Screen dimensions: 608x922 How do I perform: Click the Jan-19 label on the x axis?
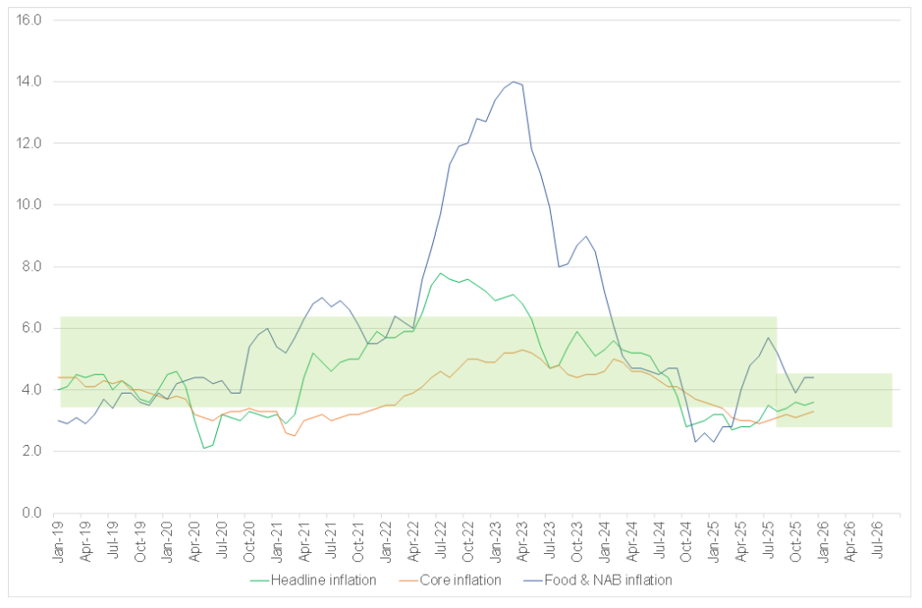[59, 541]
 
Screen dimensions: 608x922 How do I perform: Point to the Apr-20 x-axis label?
[195, 541]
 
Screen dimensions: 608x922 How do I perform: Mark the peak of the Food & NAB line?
[513, 82]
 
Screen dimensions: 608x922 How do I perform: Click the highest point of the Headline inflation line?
[440, 273]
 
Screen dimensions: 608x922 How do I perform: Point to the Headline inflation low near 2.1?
[203, 448]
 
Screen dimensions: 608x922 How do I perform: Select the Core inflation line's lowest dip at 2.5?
[294, 436]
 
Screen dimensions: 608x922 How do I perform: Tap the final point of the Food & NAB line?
[814, 377]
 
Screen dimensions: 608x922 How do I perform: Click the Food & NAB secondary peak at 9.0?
[586, 236]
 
